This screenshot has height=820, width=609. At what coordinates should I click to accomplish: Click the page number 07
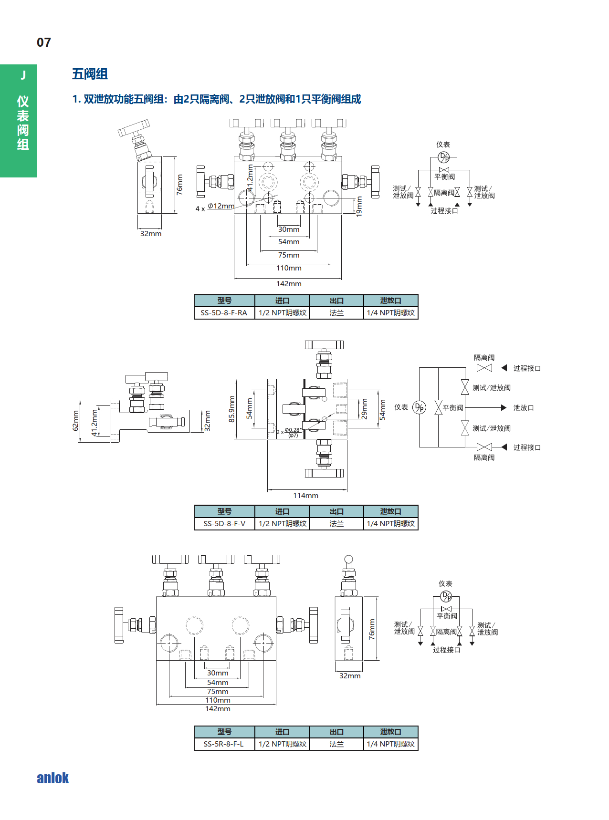[44, 42]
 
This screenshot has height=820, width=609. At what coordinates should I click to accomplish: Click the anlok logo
[52, 778]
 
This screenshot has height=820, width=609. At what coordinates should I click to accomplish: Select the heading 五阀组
[90, 74]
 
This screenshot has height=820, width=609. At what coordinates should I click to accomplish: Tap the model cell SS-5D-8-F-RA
[224, 313]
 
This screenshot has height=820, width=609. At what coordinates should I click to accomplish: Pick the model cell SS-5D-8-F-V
[224, 524]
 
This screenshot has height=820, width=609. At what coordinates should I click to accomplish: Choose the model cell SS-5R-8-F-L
[223, 744]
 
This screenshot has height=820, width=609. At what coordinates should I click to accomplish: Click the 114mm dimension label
[305, 496]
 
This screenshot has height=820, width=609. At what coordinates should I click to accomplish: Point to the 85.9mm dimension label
[232, 409]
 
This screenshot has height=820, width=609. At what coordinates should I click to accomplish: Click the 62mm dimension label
[75, 421]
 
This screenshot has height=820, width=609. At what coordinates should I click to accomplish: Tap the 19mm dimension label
[359, 207]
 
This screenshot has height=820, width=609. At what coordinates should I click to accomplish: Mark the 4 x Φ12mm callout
[215, 207]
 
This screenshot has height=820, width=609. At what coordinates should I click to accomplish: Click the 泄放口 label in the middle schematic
[524, 408]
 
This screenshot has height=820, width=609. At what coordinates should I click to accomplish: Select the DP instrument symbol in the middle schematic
[419, 407]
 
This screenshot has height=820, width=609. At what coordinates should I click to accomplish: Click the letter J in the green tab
[23, 75]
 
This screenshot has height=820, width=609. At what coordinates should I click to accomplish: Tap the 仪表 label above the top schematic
[443, 145]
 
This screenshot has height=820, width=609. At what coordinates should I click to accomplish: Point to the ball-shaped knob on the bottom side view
[349, 559]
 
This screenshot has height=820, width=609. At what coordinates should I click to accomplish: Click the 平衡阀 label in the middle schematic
[453, 408]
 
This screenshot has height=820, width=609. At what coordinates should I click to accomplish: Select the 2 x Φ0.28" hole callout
[289, 432]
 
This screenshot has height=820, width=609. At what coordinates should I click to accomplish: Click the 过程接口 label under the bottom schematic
[446, 650]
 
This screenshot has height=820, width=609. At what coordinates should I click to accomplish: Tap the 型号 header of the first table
[224, 301]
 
